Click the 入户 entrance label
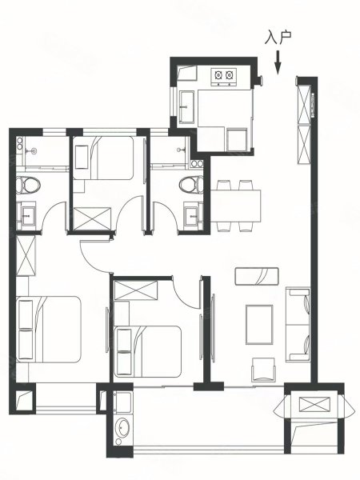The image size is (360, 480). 278,38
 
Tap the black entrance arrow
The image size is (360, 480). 278,62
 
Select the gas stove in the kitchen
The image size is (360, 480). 224,77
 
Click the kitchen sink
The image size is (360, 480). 187,107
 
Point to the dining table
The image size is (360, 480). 236,206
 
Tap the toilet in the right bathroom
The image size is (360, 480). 192,184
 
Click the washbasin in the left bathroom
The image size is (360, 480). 26,215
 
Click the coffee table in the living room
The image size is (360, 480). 259,325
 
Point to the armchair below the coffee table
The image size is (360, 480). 263,370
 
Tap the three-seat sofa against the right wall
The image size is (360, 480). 298,324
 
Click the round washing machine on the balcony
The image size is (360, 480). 123,427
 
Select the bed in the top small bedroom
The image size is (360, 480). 103,158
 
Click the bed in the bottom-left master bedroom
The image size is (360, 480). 49,330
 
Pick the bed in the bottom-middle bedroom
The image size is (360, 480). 147,351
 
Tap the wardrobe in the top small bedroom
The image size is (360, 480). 93,218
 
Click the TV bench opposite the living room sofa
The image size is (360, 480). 257,277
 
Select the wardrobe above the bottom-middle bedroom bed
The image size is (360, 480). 136,290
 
